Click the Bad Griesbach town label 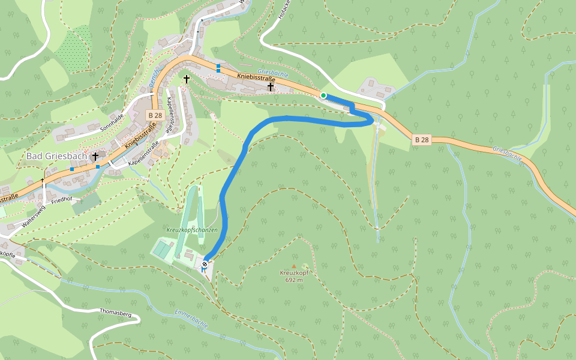tap(56, 156)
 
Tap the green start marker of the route tap(323, 95)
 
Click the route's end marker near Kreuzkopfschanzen tap(205, 264)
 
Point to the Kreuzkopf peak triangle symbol tap(294, 266)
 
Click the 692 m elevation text tap(294, 280)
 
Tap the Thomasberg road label tap(115, 313)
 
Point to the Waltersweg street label tap(33, 215)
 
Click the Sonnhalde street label tap(112, 122)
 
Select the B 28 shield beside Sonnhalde tap(155, 115)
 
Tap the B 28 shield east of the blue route tap(422, 140)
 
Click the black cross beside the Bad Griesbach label tap(95, 157)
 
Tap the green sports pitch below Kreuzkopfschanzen tap(163, 248)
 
